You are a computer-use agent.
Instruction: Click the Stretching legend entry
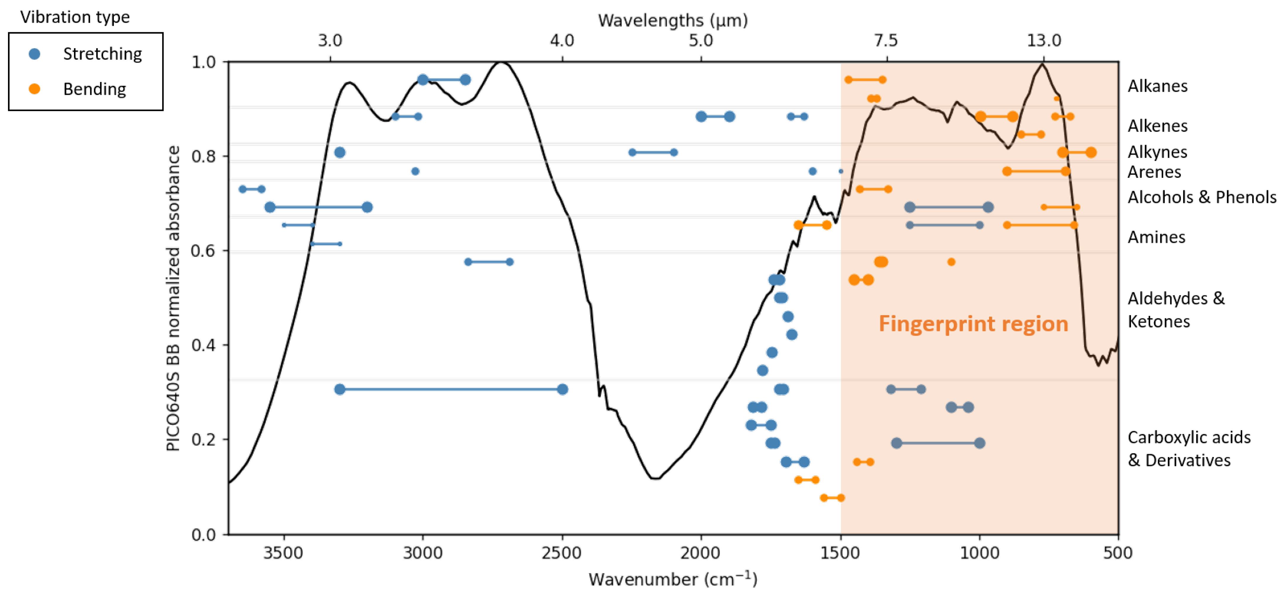click(x=101, y=54)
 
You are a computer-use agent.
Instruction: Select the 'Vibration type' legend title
click(x=75, y=17)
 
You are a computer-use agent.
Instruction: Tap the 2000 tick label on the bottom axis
click(x=701, y=553)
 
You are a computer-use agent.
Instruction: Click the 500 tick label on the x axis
click(x=1118, y=553)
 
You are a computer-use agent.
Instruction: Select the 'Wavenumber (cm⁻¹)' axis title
click(x=672, y=579)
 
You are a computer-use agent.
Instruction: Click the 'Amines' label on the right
click(x=1156, y=237)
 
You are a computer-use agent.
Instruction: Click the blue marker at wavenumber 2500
click(x=562, y=389)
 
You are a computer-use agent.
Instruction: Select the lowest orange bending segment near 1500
click(x=832, y=498)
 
